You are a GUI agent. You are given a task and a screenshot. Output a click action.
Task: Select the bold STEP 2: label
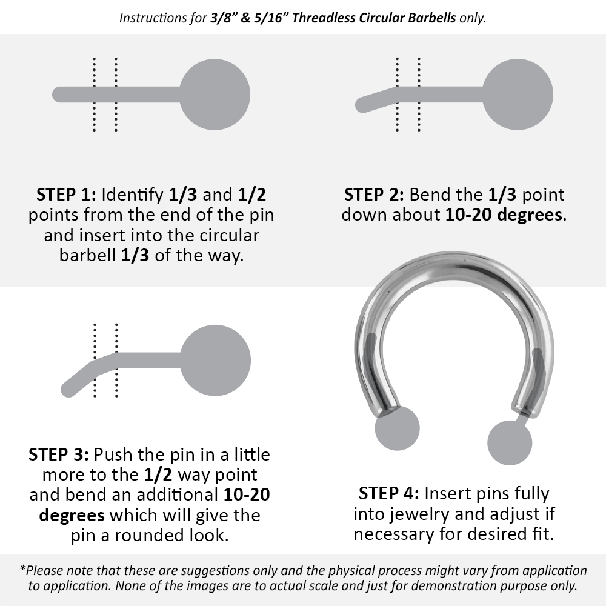click(374, 195)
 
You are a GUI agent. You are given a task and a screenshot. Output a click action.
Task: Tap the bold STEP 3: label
click(58, 454)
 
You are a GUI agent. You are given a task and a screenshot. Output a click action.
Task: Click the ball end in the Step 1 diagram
click(215, 95)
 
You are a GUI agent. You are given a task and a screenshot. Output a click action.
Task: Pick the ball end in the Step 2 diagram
click(518, 95)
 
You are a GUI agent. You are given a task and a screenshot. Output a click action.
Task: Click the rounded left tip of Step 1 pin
click(59, 95)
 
